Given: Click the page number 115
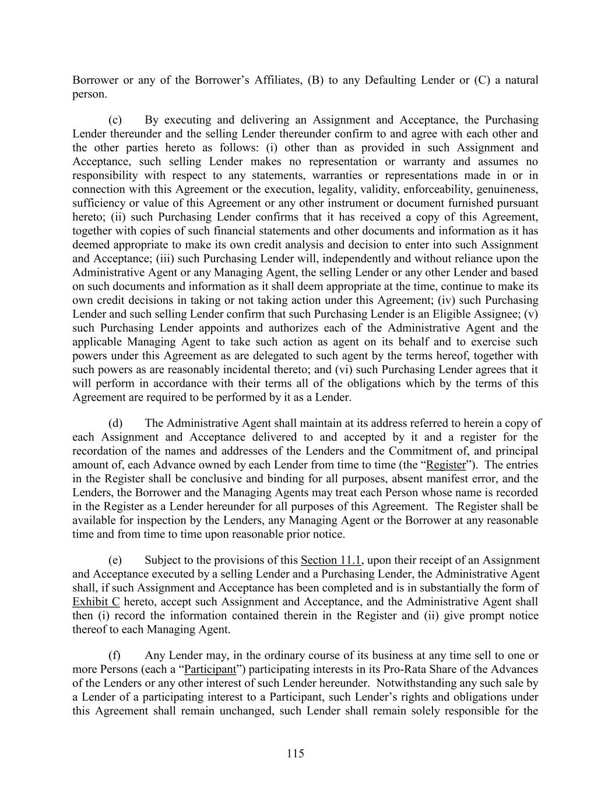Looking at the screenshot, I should pyautogui.click(x=295, y=753).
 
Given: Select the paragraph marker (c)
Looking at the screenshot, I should pyautogui.click(x=115, y=120).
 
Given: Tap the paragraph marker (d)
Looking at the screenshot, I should pyautogui.click(x=115, y=423).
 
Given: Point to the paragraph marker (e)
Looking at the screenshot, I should pyautogui.click(x=115, y=560).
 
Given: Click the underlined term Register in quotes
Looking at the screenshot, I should pyautogui.click(x=447, y=465).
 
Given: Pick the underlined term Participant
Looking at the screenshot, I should pyautogui.click(x=210, y=669).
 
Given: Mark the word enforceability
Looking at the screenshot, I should pyautogui.click(x=431, y=190).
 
